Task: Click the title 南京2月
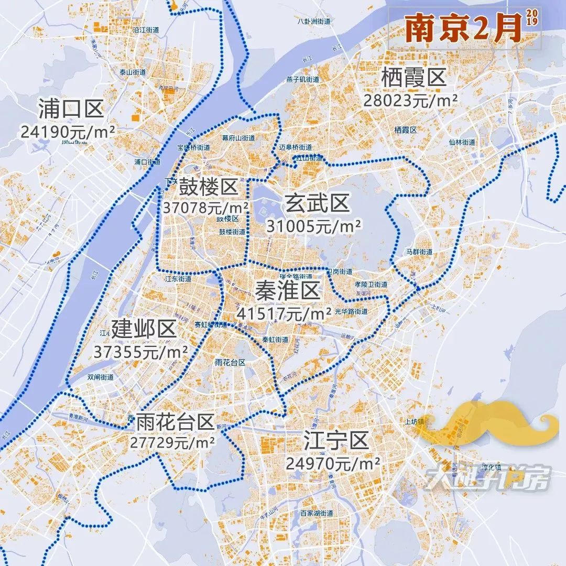(463, 29)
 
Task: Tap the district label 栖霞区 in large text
(413, 79)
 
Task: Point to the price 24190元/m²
(68, 132)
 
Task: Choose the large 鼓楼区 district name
(208, 186)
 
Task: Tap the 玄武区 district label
(317, 203)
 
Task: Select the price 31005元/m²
(313, 226)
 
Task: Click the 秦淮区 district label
(288, 291)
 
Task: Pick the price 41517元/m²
(284, 313)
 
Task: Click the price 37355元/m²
(141, 352)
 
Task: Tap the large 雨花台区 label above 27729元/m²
(175, 421)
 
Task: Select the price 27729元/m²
(173, 442)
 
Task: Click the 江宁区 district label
(336, 441)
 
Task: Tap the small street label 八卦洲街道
(313, 21)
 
